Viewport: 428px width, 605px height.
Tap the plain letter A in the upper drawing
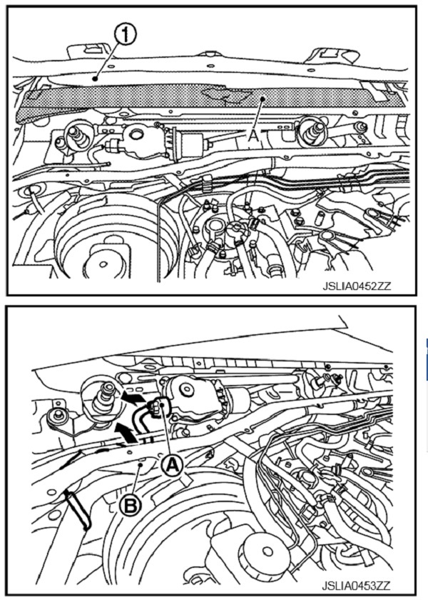point(253,136)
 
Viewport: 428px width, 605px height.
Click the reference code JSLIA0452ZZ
point(357,286)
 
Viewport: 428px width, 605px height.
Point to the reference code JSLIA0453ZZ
point(356,586)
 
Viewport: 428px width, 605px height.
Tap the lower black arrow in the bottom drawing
point(126,432)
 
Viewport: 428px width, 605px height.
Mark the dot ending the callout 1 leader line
point(94,79)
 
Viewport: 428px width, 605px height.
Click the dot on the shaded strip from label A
point(262,99)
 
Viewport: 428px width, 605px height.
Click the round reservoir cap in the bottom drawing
point(264,551)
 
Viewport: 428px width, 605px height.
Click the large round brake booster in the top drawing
point(105,239)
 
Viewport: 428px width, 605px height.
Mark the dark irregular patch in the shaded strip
point(228,94)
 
